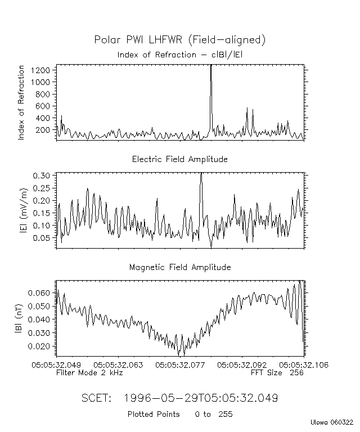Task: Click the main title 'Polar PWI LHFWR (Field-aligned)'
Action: [179, 39]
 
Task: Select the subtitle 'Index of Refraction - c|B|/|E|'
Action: [179, 55]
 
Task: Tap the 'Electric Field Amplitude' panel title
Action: [179, 159]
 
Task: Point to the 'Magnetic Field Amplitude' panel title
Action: [179, 267]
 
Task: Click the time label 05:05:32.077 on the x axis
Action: [179, 365]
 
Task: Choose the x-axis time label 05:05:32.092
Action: [242, 365]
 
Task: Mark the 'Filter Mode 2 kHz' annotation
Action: [89, 372]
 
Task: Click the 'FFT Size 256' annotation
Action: [277, 372]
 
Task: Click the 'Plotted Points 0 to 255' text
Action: [179, 415]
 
